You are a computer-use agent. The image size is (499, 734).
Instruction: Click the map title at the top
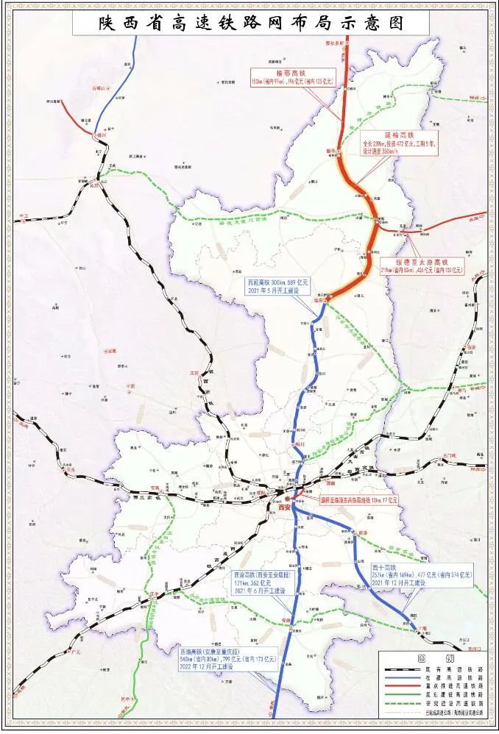[250, 21]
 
